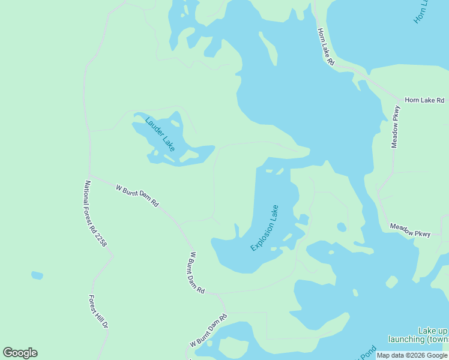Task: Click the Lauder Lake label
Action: [160, 134]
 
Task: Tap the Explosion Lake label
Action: [265, 228]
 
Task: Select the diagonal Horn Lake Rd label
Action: [325, 46]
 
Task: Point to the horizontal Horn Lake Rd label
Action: [424, 100]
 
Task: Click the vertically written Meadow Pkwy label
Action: [396, 127]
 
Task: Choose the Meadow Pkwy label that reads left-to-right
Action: [410, 230]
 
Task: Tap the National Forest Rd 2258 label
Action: [95, 214]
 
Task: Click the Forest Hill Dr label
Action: [98, 311]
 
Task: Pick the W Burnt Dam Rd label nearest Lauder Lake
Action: [137, 196]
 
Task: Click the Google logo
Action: [20, 353]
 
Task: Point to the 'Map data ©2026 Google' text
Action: [412, 355]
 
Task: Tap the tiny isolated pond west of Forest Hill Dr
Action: [37, 275]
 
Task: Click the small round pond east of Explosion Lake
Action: [342, 227]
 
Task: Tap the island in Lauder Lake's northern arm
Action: [175, 124]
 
